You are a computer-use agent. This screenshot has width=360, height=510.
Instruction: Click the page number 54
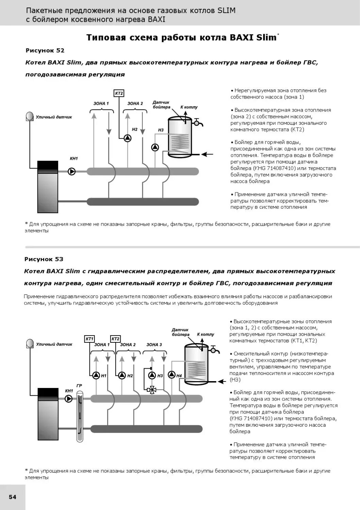coord(13,497)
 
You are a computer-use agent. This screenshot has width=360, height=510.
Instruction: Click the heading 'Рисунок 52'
coord(45,50)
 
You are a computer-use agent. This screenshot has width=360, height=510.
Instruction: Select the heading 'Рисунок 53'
coord(44,259)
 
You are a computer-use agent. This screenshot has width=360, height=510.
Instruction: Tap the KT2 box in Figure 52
coord(119,93)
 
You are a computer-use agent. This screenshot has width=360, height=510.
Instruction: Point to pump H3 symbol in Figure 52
coord(155,147)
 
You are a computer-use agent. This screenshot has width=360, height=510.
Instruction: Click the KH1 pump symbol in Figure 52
coord(72,171)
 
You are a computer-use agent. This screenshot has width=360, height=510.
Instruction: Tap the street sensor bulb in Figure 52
coord(30,117)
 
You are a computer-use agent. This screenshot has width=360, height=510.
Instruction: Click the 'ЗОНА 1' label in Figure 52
coord(101,103)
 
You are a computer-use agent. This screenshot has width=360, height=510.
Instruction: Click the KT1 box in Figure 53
coord(89,339)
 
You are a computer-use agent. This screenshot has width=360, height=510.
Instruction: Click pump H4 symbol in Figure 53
coord(172,375)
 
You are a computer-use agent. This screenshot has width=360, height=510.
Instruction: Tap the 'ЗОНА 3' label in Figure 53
coord(154,344)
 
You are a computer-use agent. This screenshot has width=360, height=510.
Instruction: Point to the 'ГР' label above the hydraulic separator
coord(79,386)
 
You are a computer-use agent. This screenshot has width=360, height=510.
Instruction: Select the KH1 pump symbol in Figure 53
coord(69,398)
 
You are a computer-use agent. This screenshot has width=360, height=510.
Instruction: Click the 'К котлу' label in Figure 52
coord(189,107)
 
